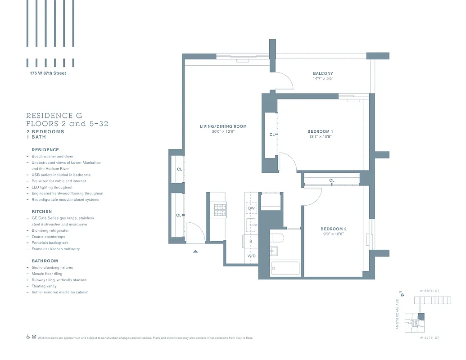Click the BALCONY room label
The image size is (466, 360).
[323, 73]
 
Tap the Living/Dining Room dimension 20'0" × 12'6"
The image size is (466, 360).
[223, 131]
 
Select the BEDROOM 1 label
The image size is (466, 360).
[320, 131]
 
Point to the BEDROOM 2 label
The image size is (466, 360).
[333, 229]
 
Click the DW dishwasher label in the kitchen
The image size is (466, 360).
[251, 208]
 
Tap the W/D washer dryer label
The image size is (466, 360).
[251, 256]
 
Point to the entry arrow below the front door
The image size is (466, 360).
[195, 252]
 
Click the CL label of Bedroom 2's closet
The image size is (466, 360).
[332, 180]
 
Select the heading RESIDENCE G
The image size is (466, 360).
[54, 116]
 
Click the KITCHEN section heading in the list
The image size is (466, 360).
[41, 211]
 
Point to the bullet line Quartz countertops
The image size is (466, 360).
[48, 237]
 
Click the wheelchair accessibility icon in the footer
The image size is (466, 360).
[28, 337]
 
